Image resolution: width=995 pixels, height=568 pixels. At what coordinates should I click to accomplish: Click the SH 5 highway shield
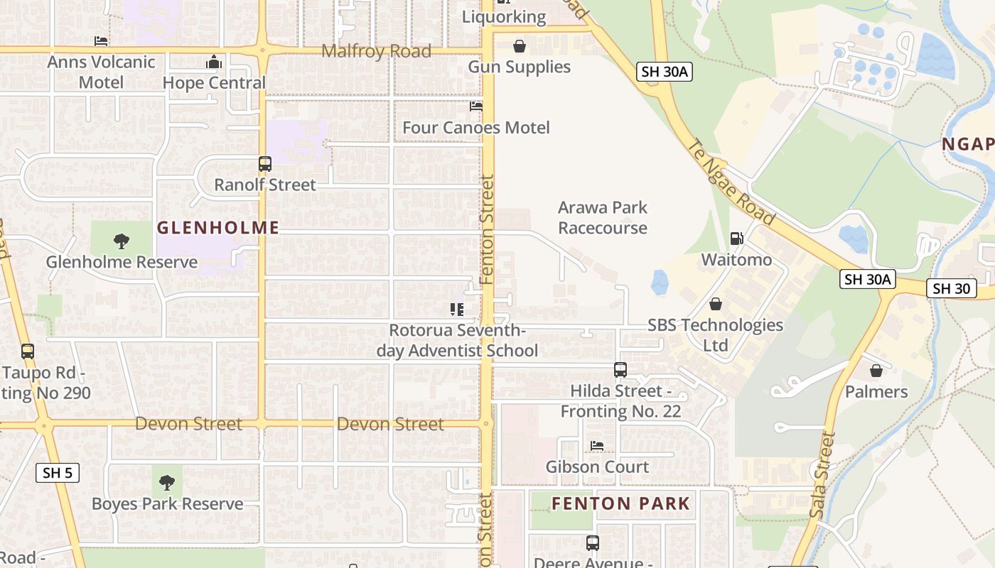[x=58, y=473]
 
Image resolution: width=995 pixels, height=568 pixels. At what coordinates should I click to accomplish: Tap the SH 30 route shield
[x=951, y=288]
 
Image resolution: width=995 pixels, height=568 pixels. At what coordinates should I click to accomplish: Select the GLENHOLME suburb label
[x=217, y=228]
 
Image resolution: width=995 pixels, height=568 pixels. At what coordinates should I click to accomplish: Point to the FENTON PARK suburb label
[x=620, y=504]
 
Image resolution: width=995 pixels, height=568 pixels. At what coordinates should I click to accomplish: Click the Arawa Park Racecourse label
[x=603, y=217]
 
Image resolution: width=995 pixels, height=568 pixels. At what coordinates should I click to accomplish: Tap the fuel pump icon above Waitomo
[x=737, y=239]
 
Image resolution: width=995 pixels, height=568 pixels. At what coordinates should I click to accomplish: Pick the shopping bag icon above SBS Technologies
[x=716, y=304]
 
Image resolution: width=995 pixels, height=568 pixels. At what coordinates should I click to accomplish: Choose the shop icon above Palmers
[x=876, y=371]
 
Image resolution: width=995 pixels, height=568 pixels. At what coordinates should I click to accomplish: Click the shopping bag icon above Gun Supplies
[x=520, y=46]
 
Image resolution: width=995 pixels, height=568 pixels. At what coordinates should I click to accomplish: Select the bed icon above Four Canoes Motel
[x=476, y=106]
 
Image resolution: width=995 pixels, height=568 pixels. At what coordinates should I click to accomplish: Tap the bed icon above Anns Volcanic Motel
[x=101, y=41]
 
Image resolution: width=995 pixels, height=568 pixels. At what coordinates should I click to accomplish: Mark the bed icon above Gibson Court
[x=597, y=446]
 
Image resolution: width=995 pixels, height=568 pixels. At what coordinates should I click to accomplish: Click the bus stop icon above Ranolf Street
[x=265, y=164]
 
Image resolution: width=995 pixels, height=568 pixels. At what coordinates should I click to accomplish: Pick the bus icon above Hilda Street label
[x=620, y=370]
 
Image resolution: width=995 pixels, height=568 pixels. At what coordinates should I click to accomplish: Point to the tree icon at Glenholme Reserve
[x=122, y=241]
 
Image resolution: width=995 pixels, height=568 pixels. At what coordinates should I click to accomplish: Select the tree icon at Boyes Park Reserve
[x=167, y=484]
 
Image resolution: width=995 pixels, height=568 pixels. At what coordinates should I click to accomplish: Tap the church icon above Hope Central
[x=214, y=62]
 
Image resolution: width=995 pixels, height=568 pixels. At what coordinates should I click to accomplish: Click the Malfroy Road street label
[x=376, y=51]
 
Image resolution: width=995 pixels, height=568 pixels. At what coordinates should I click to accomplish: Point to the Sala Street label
[x=822, y=475]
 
